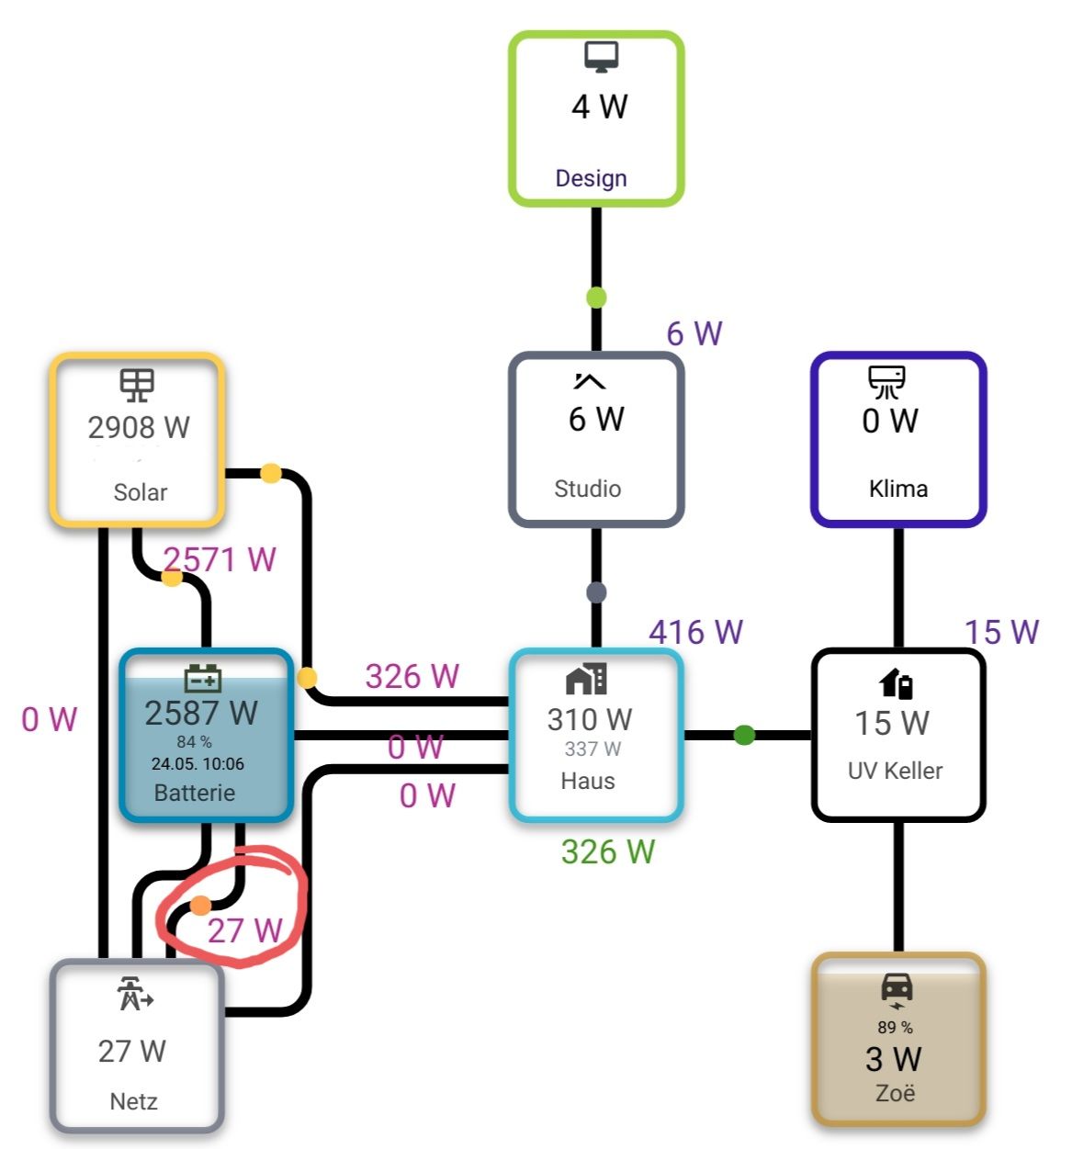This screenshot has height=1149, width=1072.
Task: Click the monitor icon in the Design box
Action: [x=601, y=56]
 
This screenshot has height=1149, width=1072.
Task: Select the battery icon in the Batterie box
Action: [x=203, y=678]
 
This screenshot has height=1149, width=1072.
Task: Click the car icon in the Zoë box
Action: [x=897, y=988]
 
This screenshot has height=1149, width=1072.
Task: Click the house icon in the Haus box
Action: [x=586, y=679]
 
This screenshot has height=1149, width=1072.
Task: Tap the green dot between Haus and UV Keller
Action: [x=744, y=735]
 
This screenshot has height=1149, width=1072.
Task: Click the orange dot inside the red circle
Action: [x=201, y=907]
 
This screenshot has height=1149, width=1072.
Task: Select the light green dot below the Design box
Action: [x=596, y=298]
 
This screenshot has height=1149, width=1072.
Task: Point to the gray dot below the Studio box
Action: [x=596, y=592]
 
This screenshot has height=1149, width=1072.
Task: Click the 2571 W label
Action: [x=220, y=559]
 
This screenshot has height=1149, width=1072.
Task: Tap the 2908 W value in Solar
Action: [x=139, y=427]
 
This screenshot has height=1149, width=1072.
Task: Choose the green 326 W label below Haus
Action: [x=607, y=851]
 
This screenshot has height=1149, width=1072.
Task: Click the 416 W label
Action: [x=695, y=632]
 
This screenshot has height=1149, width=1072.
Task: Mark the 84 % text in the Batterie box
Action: [x=195, y=741]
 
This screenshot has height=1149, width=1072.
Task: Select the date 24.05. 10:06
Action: [x=197, y=763]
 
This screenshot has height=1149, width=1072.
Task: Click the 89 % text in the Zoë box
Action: [x=895, y=1027]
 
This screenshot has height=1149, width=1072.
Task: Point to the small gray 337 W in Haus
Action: [x=592, y=749]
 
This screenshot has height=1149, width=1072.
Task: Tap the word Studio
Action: [x=587, y=489]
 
